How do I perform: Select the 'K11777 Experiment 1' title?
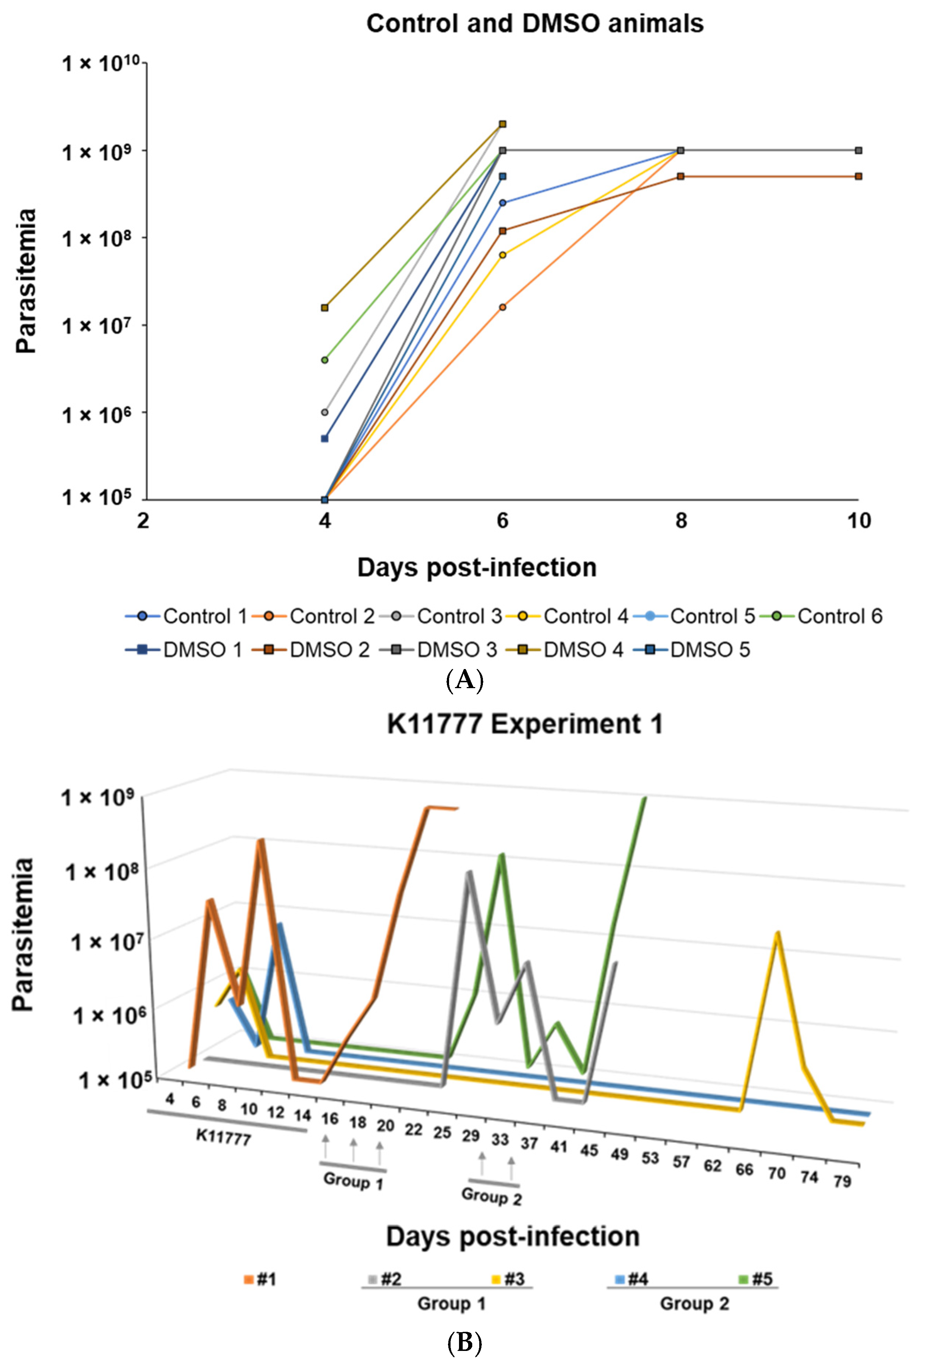click(x=524, y=723)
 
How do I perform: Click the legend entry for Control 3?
click(x=441, y=616)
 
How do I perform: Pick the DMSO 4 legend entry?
click(x=568, y=650)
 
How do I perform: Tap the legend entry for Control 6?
click(x=821, y=616)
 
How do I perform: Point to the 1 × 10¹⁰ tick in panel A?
click(x=100, y=63)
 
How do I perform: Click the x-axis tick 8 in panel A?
click(x=680, y=520)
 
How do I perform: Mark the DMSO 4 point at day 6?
click(x=502, y=124)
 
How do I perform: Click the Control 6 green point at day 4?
click(x=325, y=360)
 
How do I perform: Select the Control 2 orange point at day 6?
click(x=502, y=307)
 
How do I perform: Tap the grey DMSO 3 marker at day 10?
click(x=858, y=150)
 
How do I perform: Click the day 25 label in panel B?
click(x=442, y=1132)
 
